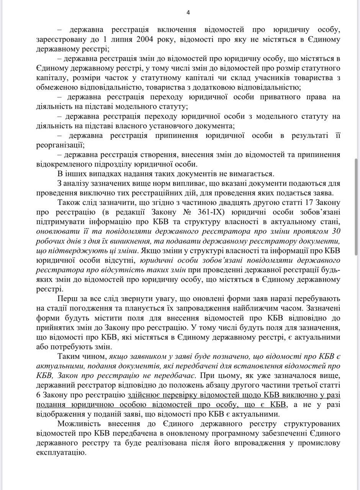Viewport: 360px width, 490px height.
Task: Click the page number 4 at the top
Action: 188,12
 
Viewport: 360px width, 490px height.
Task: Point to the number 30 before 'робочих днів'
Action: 336,231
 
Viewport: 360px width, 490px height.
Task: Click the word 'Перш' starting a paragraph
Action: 65,299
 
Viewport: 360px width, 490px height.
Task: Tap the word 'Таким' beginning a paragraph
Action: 68,356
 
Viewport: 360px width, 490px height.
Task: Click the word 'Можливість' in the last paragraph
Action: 79,424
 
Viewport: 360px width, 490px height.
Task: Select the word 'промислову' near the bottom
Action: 322,443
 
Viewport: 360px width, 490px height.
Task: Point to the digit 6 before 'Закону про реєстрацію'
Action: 39,395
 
